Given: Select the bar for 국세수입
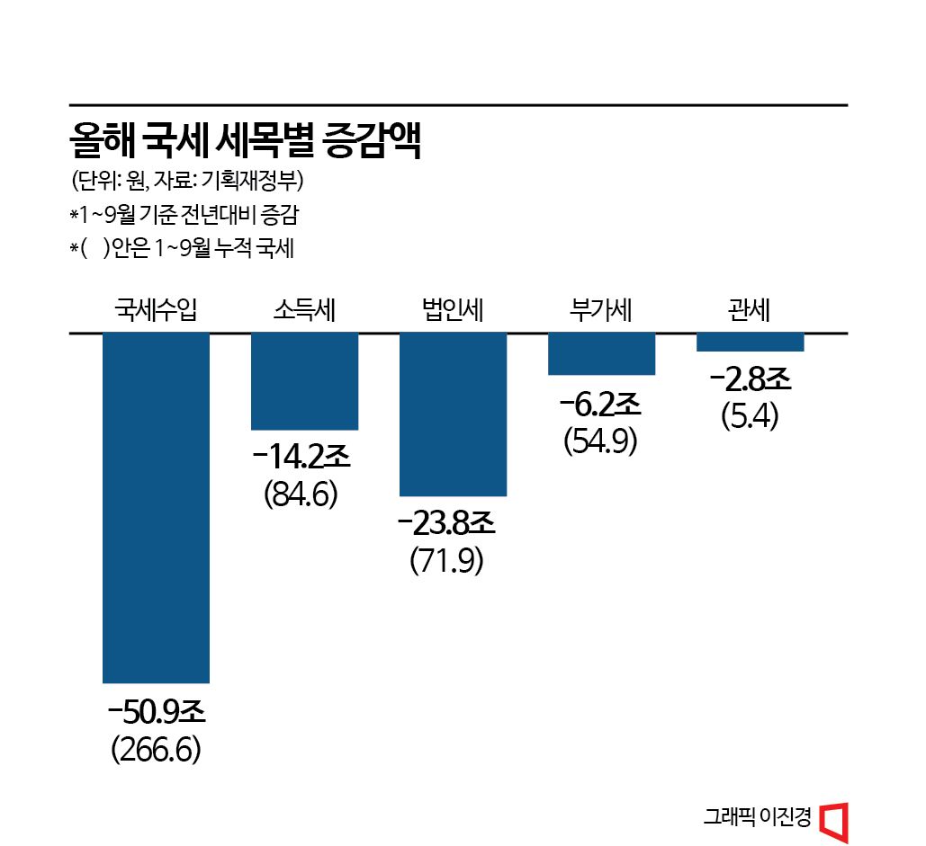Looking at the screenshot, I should pos(157,507).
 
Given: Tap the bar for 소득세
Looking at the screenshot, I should pos(304,381).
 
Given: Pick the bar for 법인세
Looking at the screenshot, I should pos(453,414).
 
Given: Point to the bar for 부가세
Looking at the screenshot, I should pos(601,353).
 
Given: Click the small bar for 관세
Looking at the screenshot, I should pos(750,343).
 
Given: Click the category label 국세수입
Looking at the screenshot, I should pos(156,310).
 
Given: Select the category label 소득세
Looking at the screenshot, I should pos(304,310).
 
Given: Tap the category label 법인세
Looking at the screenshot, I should pos(453,310).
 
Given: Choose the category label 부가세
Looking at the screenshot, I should pos(601,310).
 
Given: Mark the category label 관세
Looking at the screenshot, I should pos(750,310).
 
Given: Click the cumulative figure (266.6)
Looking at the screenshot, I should pos(156,750).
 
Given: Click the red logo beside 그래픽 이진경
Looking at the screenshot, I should pos(834,819).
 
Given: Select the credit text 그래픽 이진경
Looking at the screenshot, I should pos(758,818).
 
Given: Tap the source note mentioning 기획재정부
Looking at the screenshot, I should pos(188,181).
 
